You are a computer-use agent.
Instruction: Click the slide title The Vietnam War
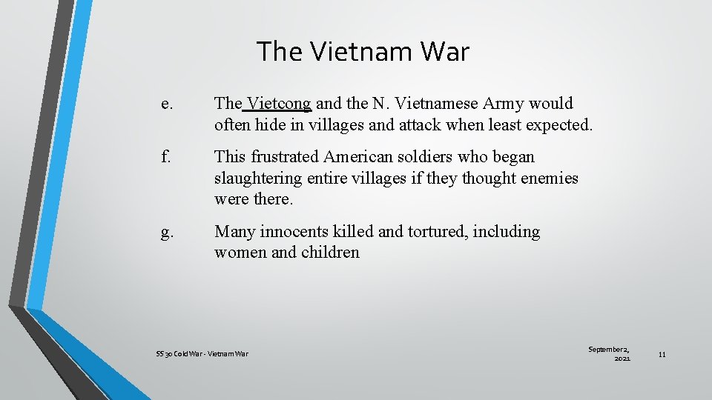(x=363, y=52)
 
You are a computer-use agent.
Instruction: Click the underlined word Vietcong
(x=279, y=104)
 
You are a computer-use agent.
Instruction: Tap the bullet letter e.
(x=165, y=104)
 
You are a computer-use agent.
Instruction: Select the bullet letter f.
(x=165, y=157)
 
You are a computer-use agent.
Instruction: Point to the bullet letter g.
(x=166, y=232)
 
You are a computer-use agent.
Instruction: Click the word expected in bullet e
(x=558, y=124)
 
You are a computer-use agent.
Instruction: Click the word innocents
(x=301, y=232)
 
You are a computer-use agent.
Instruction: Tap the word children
(x=330, y=253)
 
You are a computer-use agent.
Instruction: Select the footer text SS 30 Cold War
(x=179, y=354)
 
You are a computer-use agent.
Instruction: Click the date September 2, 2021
(x=609, y=353)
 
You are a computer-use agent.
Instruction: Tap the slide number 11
(x=662, y=355)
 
